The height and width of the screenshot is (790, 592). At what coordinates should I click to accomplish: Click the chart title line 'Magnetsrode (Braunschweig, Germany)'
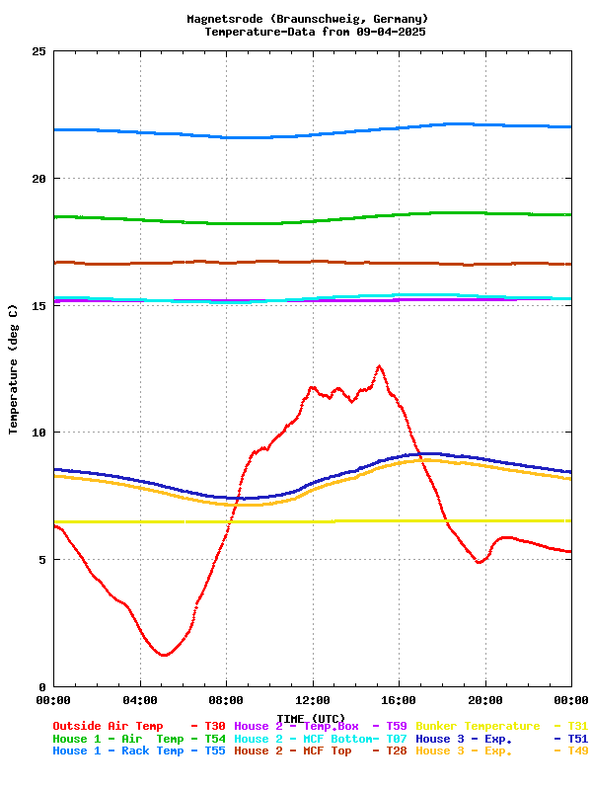pyautogui.click(x=307, y=19)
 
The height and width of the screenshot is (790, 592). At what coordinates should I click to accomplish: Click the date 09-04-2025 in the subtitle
pyautogui.click(x=392, y=32)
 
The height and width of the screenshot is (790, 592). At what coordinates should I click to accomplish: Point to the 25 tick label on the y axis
pyautogui.click(x=37, y=51)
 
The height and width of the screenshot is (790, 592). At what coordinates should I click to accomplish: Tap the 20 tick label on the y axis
pyautogui.click(x=37, y=179)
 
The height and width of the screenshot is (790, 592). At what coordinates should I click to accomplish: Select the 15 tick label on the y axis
pyautogui.click(x=37, y=305)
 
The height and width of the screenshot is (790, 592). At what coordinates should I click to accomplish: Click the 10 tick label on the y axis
pyautogui.click(x=37, y=433)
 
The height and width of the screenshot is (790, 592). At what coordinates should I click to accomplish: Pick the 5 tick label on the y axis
pyautogui.click(x=41, y=560)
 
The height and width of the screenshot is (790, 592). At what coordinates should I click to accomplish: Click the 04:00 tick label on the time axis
pyautogui.click(x=139, y=700)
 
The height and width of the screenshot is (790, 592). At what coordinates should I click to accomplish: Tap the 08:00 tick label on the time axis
pyautogui.click(x=226, y=700)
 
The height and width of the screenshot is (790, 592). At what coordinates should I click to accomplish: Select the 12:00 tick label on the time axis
pyautogui.click(x=313, y=700)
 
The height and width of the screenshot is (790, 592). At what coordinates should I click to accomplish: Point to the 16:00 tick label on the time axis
pyautogui.click(x=399, y=700)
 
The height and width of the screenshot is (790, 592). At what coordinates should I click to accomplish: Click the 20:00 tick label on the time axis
pyautogui.click(x=485, y=700)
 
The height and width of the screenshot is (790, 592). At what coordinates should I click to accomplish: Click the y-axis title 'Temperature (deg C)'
pyautogui.click(x=14, y=369)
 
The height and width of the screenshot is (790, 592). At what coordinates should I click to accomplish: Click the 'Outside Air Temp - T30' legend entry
pyautogui.click(x=139, y=726)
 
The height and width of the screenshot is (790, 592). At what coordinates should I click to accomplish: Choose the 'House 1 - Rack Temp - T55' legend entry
pyautogui.click(x=139, y=751)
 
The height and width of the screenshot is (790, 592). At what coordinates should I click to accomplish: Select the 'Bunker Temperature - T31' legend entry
pyautogui.click(x=501, y=726)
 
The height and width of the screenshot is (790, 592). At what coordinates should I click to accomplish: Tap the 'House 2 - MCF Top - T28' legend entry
pyautogui.click(x=321, y=751)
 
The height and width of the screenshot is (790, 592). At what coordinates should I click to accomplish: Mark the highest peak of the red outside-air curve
pyautogui.click(x=379, y=366)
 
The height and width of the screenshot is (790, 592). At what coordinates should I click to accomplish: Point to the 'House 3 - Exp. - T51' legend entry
pyautogui.click(x=501, y=739)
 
